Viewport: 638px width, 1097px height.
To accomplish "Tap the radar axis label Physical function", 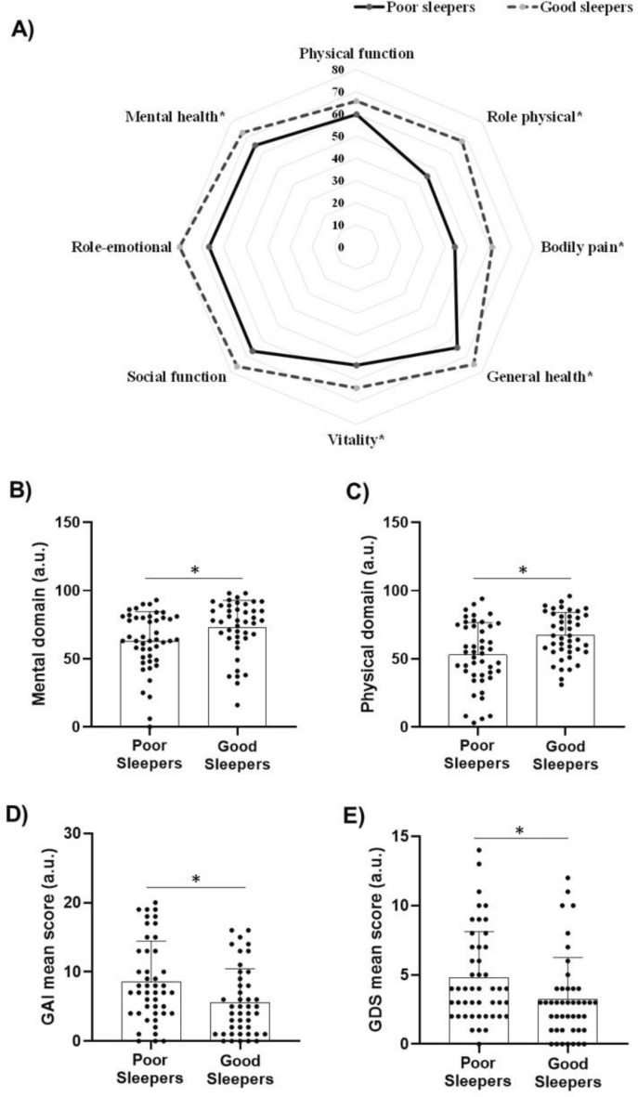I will (x=356, y=53).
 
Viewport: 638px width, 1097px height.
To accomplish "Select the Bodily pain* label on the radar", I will (x=582, y=247).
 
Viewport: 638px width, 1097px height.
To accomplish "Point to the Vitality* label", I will (x=356, y=439).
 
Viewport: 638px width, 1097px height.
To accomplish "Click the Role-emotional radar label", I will (x=122, y=248).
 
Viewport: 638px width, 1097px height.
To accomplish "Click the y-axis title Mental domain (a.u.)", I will (x=40, y=626).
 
